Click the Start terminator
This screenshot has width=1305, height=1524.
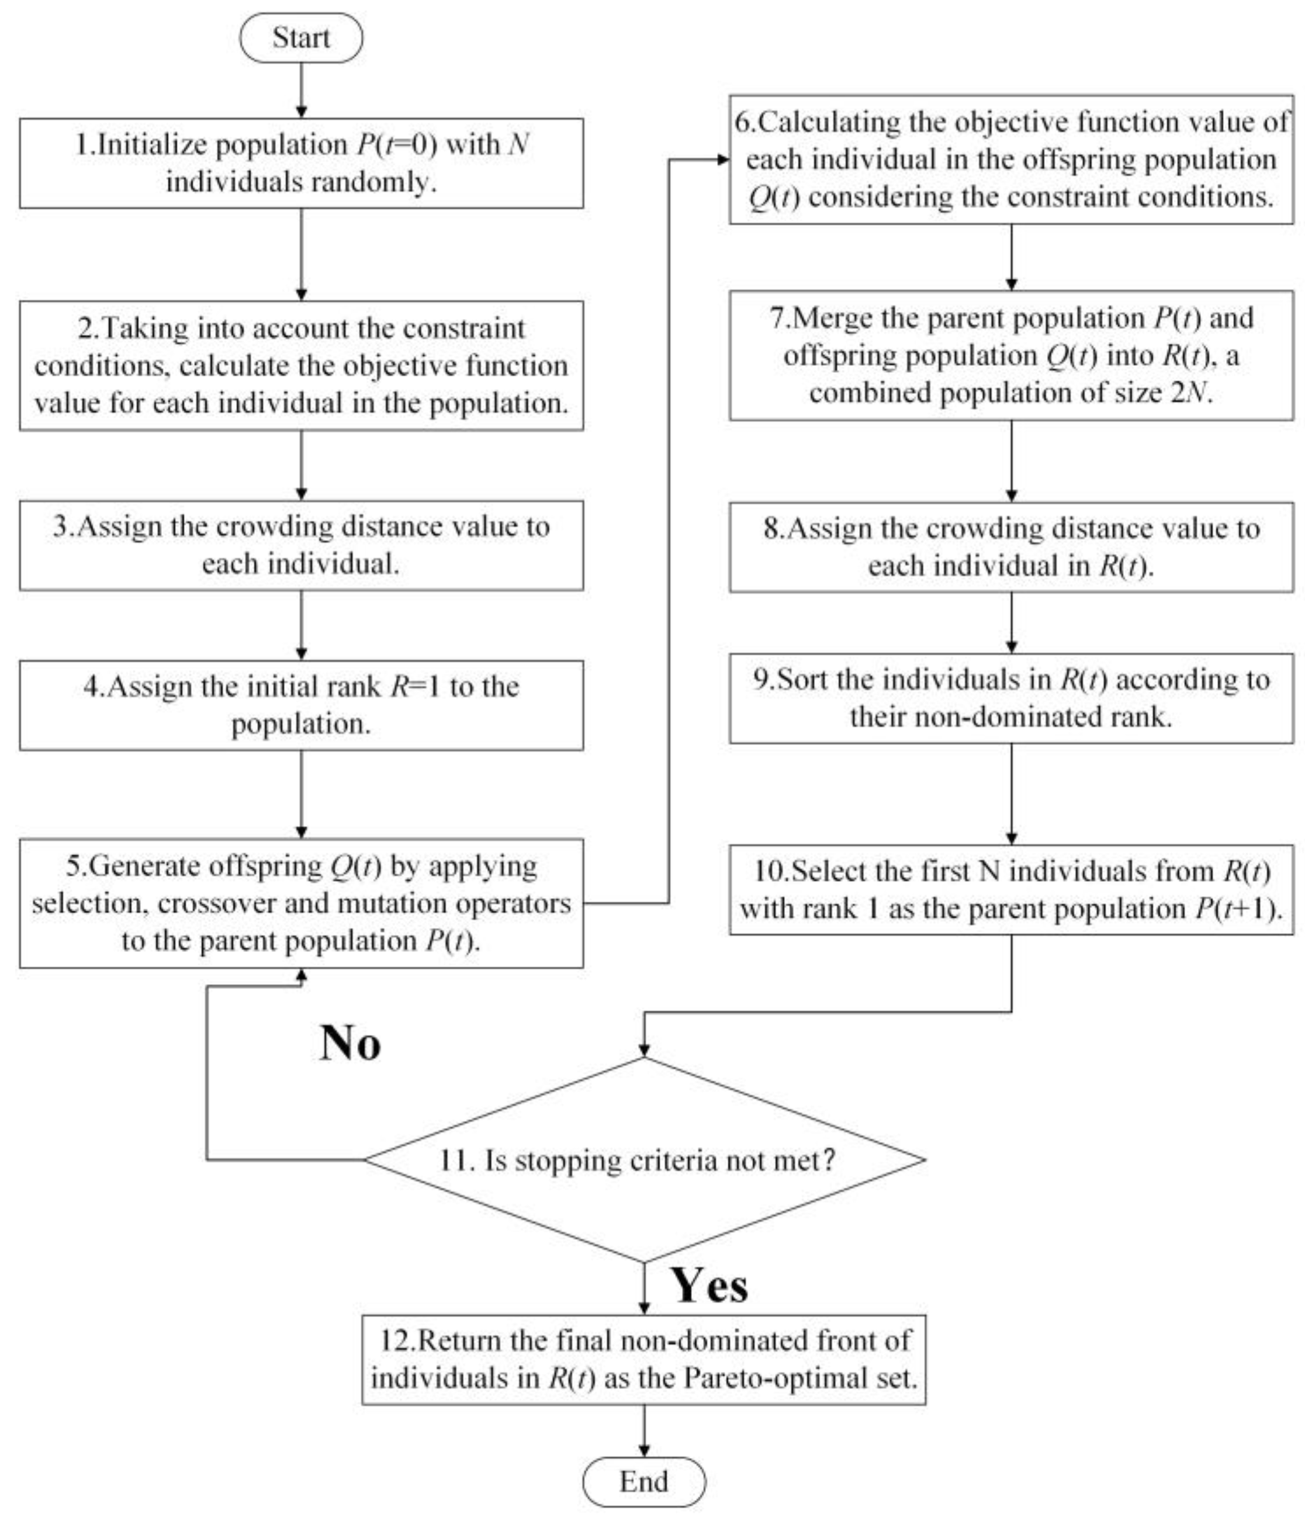click(x=301, y=37)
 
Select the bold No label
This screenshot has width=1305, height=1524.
click(x=350, y=1043)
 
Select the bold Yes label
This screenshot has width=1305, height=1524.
click(x=708, y=1285)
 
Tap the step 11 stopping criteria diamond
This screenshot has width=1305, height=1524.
click(x=645, y=1160)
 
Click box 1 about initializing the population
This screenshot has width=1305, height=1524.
click(x=302, y=163)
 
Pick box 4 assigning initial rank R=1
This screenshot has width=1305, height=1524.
click(x=302, y=705)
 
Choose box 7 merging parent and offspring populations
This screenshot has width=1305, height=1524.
click(x=1012, y=355)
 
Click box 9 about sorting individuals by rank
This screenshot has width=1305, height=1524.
click(x=1012, y=698)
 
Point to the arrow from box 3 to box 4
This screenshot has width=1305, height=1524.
click(x=301, y=625)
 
